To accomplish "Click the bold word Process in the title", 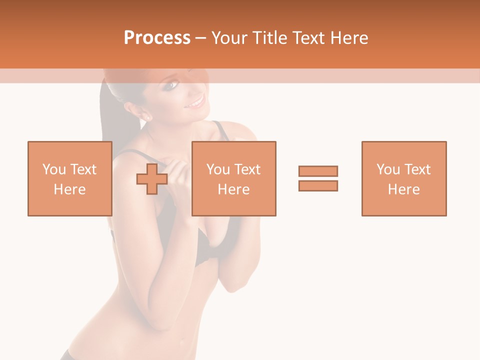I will [x=157, y=38].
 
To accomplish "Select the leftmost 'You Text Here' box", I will [x=69, y=178].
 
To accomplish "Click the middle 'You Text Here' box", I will [x=233, y=178].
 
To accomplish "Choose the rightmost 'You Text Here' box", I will [x=403, y=178].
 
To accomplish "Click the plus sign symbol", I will [x=152, y=178].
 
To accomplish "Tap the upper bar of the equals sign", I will [x=318, y=171].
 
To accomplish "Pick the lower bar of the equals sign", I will [x=318, y=186].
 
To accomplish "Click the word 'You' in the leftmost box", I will [x=54, y=169].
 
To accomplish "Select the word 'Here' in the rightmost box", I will [x=403, y=189].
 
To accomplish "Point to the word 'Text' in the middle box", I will [x=247, y=169].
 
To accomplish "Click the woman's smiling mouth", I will [x=195, y=103].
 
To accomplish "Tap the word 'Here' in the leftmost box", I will [x=69, y=189].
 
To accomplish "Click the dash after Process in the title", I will [x=200, y=38].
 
